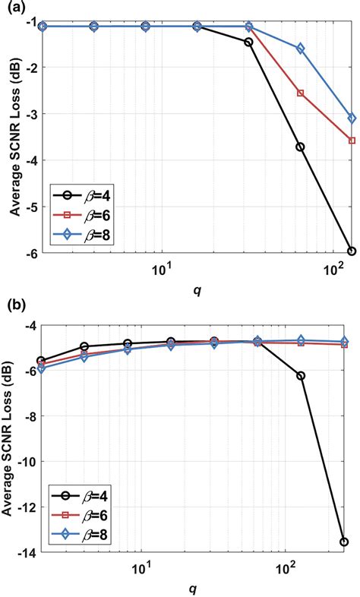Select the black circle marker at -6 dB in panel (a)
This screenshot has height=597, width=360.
pyautogui.click(x=352, y=251)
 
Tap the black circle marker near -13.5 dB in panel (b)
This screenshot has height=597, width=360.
pyautogui.click(x=344, y=542)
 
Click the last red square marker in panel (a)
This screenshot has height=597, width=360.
pyautogui.click(x=352, y=141)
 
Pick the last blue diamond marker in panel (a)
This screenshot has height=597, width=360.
pyautogui.click(x=352, y=118)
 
